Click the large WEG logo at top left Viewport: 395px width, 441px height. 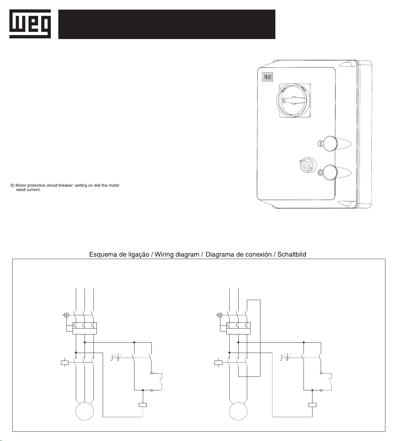[30, 24]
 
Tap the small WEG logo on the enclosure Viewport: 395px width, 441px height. [267, 77]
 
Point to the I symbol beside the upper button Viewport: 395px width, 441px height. [320, 144]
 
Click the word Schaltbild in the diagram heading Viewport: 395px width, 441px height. [291, 254]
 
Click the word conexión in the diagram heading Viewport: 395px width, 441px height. [258, 254]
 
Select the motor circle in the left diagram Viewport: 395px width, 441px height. [85, 411]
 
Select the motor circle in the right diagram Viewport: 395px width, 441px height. [238, 411]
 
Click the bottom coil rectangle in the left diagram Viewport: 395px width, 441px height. [142, 405]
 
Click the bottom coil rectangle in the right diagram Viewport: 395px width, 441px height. [312, 405]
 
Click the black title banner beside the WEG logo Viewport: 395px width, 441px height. [167, 24]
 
